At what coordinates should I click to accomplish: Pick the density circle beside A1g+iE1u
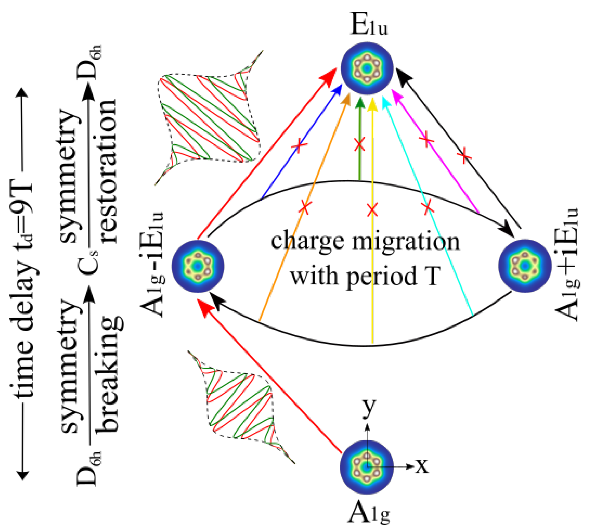[525, 265]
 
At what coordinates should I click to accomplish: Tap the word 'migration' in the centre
[405, 242]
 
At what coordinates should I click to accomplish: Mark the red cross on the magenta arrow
[426, 140]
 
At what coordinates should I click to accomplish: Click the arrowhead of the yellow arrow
[372, 105]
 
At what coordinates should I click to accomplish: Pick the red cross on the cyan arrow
[427, 208]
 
